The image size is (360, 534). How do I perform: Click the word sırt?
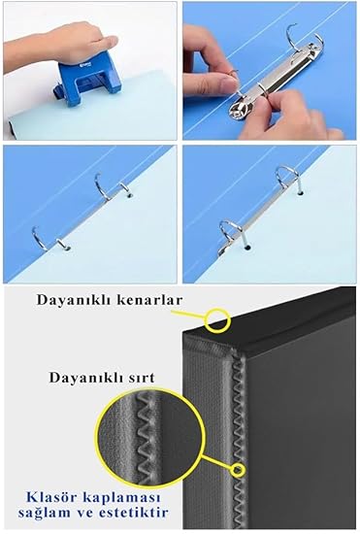pos(140,378)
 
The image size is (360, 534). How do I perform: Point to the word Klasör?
pos(46,497)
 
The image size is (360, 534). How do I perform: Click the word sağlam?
pos(37,514)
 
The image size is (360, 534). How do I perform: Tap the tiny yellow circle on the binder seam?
pos(238,470)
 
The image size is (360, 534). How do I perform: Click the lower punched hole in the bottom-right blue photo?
pos(247,247)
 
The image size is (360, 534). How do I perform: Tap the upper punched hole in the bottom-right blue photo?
pos(300,193)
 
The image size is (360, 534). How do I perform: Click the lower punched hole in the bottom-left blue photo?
pos(67,249)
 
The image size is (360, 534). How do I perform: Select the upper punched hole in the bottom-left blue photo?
pos(129,196)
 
